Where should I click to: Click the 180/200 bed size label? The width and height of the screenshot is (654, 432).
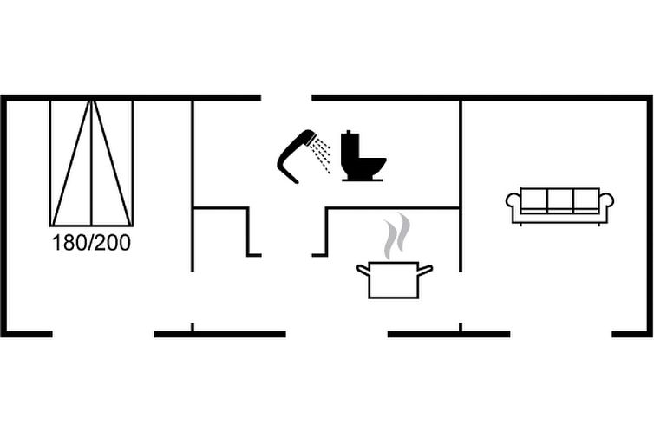click(x=91, y=243)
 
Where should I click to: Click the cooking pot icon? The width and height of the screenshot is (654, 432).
click(x=395, y=280)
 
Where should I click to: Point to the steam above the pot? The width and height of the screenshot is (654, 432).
click(x=397, y=236)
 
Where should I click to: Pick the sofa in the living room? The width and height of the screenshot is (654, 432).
click(x=559, y=206)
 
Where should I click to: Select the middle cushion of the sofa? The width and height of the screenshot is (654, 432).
click(x=560, y=200)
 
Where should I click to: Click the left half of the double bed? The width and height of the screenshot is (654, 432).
click(x=71, y=163)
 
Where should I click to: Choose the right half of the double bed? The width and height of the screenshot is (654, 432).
click(x=112, y=163)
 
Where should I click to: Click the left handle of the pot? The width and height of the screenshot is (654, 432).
click(x=363, y=270)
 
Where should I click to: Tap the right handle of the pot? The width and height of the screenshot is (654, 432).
click(x=425, y=270)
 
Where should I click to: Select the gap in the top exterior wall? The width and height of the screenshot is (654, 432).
click(x=286, y=97)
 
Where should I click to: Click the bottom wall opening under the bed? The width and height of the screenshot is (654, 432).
click(x=103, y=334)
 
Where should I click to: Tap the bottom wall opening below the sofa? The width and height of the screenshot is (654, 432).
click(x=561, y=334)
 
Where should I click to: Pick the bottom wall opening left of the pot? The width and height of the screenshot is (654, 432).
click(x=337, y=334)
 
